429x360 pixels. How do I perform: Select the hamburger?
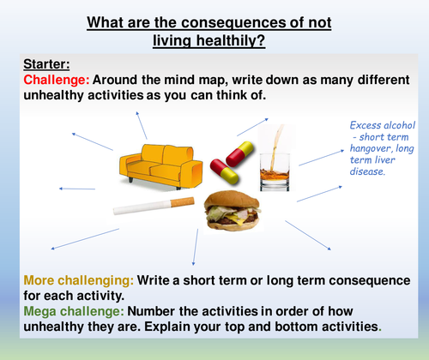tap(230, 211)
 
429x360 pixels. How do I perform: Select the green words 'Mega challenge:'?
tap(73, 294)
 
